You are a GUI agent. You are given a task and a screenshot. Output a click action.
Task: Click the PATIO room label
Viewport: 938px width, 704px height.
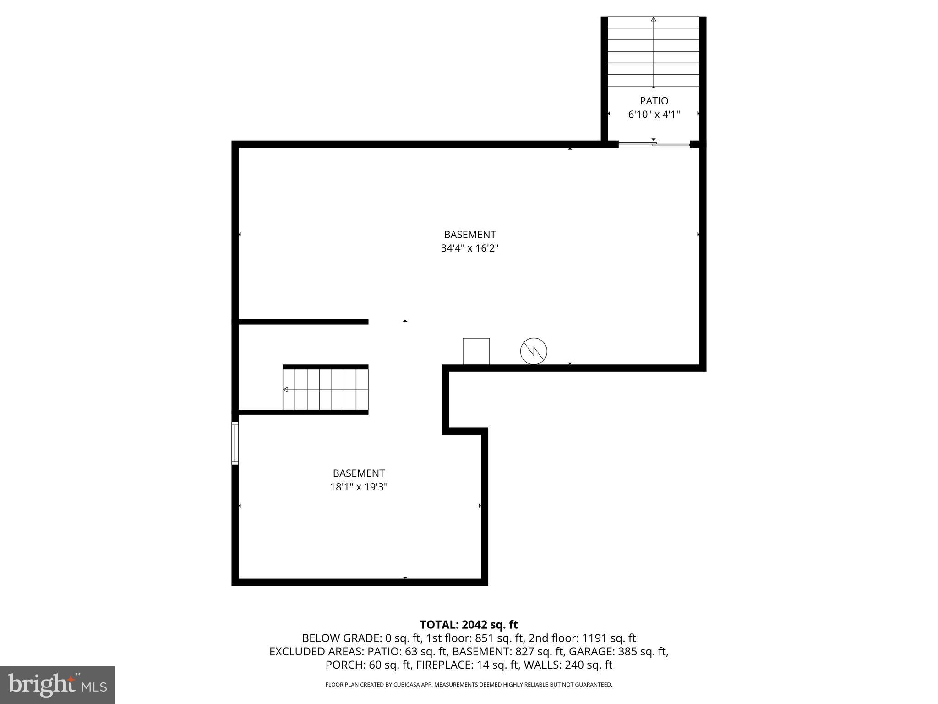tap(654, 101)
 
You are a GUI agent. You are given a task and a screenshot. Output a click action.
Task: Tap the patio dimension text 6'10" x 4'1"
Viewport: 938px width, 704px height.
tap(654, 115)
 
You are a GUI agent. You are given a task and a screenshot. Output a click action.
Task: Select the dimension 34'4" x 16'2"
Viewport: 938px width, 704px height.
tap(469, 248)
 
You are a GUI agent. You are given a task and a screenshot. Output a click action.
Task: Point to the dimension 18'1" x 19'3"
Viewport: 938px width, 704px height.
tap(359, 487)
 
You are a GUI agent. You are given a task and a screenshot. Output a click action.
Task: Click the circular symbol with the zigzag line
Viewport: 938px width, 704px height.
tap(534, 351)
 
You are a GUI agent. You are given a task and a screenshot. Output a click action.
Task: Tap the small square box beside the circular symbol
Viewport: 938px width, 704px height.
tap(476, 351)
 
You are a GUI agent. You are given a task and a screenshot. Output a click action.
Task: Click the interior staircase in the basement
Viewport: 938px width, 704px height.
tap(325, 389)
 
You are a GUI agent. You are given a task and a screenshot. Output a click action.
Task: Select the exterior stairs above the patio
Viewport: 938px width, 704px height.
tap(654, 51)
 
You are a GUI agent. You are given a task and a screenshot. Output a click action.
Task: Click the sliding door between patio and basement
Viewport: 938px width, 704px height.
tap(654, 145)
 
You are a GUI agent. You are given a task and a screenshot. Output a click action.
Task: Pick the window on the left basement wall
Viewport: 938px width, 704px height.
tap(235, 443)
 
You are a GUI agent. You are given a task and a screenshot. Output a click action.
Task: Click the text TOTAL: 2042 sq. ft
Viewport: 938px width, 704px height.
tap(469, 625)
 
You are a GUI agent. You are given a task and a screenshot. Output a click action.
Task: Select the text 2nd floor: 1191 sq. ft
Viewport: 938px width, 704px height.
tap(582, 638)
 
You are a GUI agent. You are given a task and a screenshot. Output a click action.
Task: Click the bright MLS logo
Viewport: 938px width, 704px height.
tap(57, 685)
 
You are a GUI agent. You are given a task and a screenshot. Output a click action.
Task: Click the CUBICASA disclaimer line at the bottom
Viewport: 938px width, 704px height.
tap(469, 685)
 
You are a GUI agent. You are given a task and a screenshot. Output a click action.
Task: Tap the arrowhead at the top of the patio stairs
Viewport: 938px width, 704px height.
tap(654, 19)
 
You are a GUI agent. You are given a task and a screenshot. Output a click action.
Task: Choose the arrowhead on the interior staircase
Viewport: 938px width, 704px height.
tap(285, 390)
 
